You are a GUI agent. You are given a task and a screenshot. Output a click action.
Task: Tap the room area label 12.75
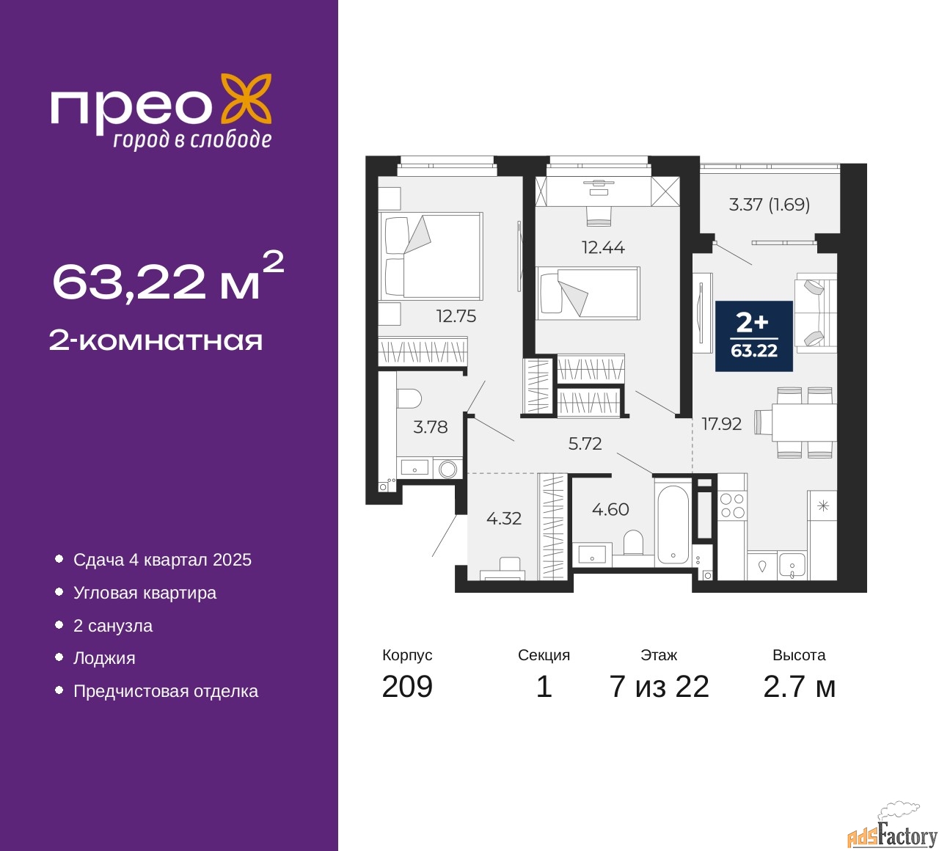[x=456, y=316]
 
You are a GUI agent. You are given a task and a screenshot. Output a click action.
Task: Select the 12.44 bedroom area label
[x=603, y=247]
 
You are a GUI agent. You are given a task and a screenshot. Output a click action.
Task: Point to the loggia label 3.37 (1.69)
[x=769, y=205]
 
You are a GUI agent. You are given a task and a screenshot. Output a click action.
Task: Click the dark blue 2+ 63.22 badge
[x=753, y=336]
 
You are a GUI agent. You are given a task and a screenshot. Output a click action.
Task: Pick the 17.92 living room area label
[x=721, y=424]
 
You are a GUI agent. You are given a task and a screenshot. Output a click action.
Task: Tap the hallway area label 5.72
[x=585, y=443]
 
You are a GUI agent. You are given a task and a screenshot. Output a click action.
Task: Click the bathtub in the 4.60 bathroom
[x=673, y=525]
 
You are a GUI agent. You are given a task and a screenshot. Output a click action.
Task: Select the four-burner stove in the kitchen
[x=733, y=505]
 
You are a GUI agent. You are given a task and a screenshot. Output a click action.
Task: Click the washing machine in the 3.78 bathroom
[x=448, y=469]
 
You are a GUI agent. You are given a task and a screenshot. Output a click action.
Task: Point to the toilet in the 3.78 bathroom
[x=409, y=398]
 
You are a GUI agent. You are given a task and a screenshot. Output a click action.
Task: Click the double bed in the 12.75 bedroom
[x=431, y=256]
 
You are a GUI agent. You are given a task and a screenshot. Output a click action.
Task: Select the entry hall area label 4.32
[x=504, y=519]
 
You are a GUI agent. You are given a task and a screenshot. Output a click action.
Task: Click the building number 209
[x=407, y=687]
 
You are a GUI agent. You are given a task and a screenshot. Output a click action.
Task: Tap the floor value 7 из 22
[x=659, y=687]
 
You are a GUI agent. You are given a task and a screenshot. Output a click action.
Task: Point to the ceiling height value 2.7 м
[x=799, y=687]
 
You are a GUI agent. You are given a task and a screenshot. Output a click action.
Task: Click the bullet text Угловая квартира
[x=145, y=593]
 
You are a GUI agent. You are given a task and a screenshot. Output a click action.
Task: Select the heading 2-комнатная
[x=156, y=341]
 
